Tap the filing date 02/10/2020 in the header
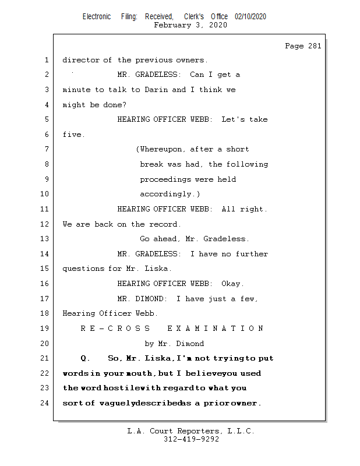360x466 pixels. (x=250, y=17)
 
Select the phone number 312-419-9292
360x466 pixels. (x=192, y=440)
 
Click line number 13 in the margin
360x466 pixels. (x=45, y=239)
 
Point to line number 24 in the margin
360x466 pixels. (x=45, y=403)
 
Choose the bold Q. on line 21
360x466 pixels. (x=85, y=358)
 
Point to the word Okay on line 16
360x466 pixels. (x=231, y=284)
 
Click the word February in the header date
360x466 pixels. (x=172, y=25)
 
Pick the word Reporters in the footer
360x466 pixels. (x=196, y=431)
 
